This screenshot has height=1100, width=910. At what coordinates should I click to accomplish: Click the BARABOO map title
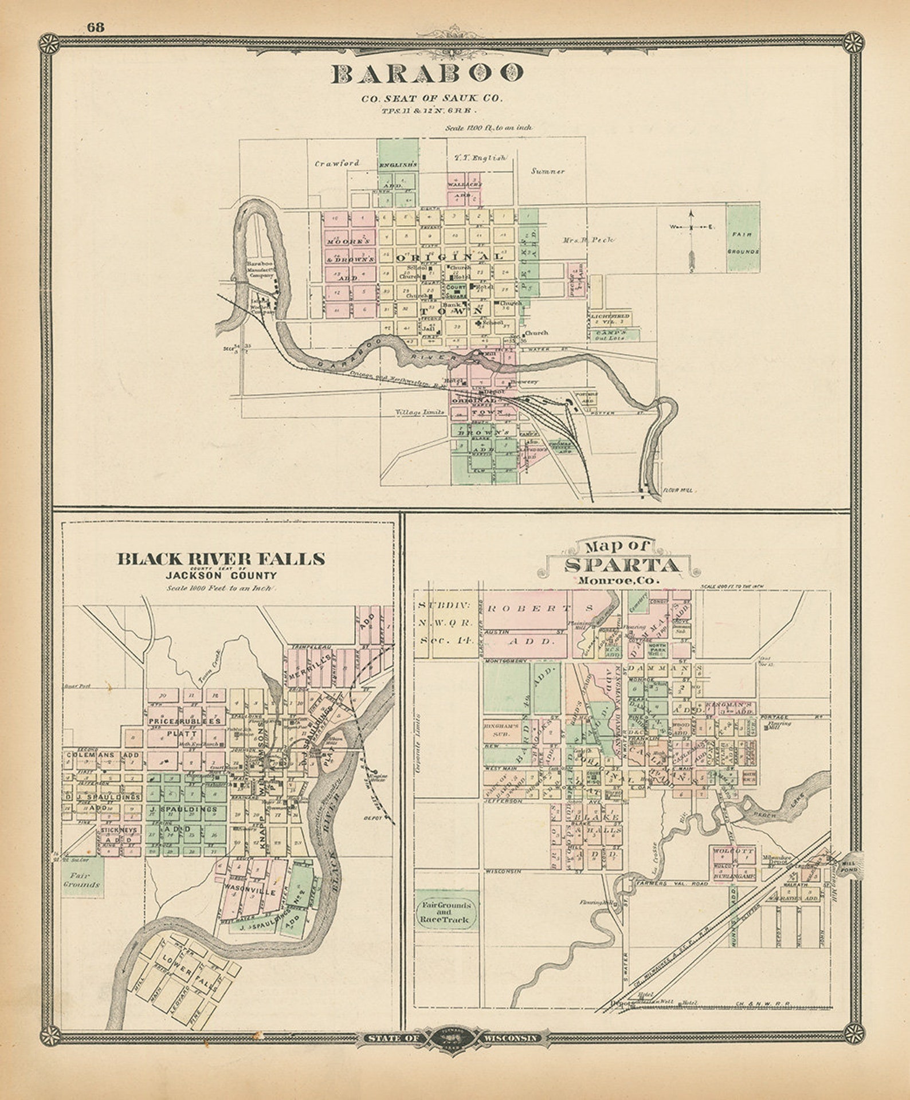427,73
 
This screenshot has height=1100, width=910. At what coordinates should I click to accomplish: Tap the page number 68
95,27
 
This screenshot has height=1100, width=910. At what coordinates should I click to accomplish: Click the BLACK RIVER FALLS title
221,559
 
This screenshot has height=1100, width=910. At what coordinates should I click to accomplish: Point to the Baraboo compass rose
691,227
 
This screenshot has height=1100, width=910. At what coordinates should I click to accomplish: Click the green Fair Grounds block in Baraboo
743,238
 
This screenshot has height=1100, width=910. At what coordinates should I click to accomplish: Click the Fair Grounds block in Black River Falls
83,879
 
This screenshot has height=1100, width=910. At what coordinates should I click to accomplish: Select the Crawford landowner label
337,163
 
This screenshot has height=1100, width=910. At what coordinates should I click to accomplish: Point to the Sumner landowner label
548,171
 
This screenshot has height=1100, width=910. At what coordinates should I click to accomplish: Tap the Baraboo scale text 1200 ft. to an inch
488,128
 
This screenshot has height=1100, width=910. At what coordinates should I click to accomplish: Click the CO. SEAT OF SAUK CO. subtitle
431,98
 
